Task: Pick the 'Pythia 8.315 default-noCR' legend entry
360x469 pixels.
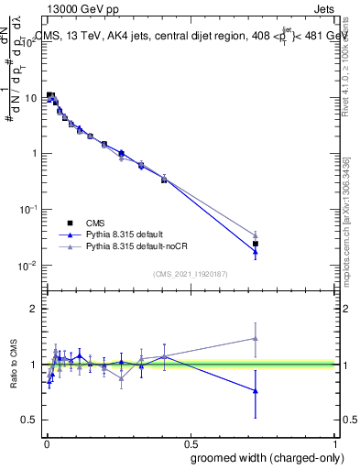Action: tap(129, 246)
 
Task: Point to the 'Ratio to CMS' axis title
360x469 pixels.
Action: tap(13, 364)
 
